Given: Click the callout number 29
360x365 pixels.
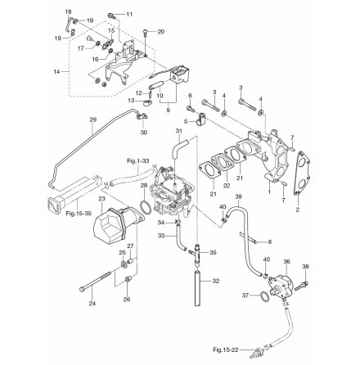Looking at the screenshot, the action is [x=93, y=119].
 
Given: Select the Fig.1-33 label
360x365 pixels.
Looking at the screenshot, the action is [x=137, y=161].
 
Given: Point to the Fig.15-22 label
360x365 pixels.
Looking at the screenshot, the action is [x=225, y=349].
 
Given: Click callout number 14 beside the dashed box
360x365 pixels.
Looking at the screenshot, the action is [x=56, y=72].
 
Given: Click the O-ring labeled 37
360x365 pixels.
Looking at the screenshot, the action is [x=263, y=296].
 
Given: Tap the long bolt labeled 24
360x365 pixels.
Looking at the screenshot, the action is [x=96, y=280].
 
